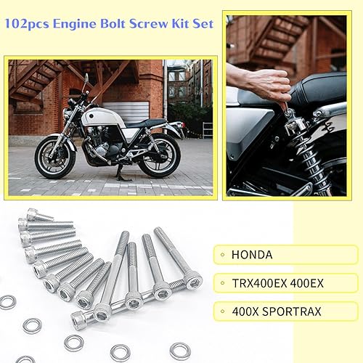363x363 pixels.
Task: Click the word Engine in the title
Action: coord(74,24)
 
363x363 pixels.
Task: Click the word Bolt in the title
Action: coord(111,24)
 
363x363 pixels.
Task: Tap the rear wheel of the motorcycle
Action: coord(159,155)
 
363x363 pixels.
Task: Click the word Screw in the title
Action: coord(146,24)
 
